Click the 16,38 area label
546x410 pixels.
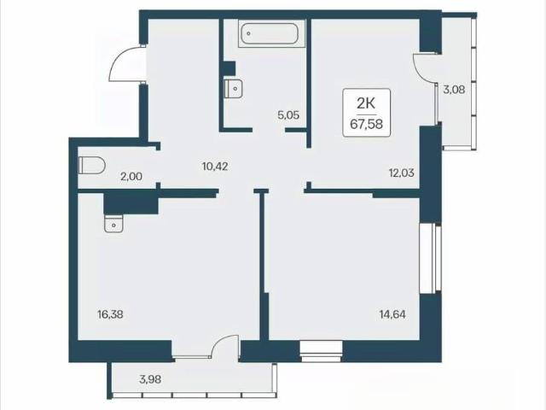110,314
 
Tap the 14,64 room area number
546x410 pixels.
392,314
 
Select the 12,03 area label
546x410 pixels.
402,173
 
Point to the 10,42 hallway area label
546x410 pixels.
215,167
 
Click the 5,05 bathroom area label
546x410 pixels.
288,114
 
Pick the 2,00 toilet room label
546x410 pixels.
131,177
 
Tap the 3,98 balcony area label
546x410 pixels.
150,379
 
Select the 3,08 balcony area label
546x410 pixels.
454,90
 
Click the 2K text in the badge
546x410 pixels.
366,103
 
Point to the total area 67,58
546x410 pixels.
366,124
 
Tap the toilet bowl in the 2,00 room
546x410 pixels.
91,165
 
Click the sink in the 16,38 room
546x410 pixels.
113,223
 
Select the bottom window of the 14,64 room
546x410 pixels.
322,352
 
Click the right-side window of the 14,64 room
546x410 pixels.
430,259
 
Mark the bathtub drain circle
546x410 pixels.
248,33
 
